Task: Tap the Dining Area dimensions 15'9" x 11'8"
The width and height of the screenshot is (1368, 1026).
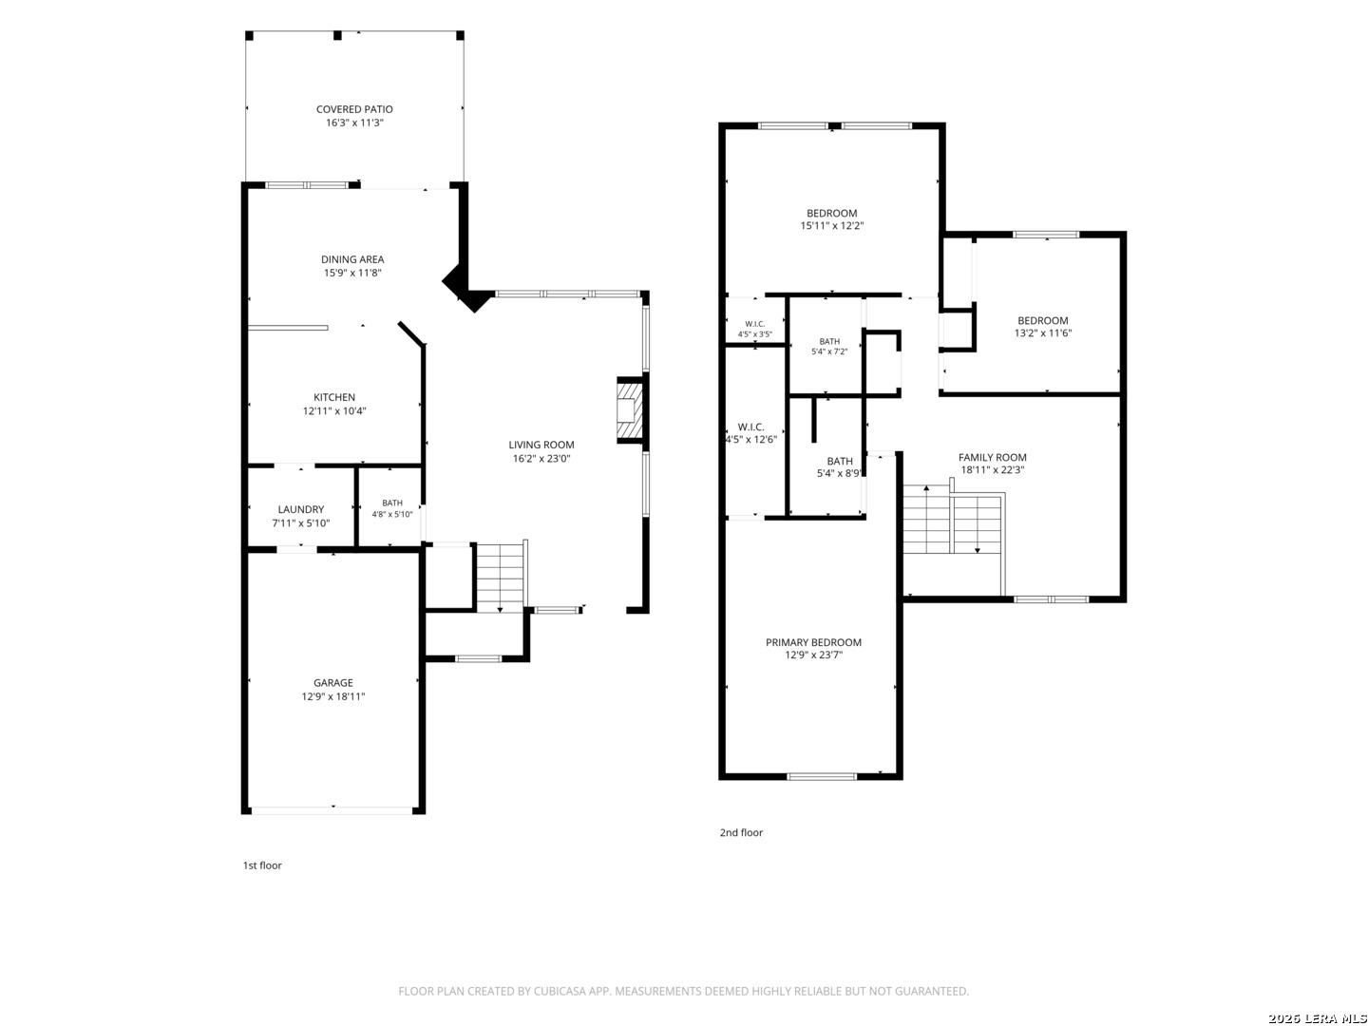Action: point(352,273)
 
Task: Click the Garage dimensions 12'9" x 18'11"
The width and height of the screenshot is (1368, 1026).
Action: point(332,696)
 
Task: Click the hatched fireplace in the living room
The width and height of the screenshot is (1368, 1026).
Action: point(629,409)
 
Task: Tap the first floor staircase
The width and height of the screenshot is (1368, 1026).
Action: point(500,577)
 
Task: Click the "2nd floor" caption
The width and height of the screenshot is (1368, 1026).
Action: point(741,832)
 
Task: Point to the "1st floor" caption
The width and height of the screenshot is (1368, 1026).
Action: point(262,865)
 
